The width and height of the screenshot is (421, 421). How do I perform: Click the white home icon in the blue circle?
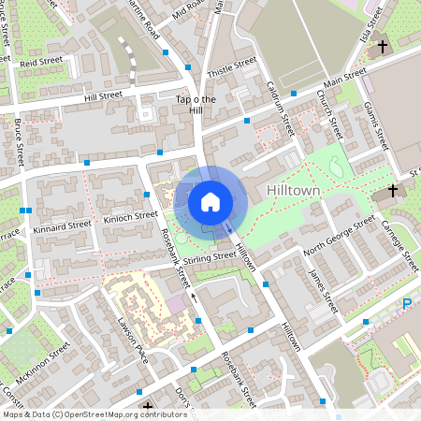tap(210, 201)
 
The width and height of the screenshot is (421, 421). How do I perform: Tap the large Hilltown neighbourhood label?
tap(293, 190)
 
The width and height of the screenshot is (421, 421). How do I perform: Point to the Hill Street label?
tap(103, 95)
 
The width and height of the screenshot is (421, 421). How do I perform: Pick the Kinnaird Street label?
tap(61, 225)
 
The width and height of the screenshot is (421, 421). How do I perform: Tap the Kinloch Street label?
tap(131, 216)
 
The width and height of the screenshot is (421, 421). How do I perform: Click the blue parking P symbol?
tap(407, 304)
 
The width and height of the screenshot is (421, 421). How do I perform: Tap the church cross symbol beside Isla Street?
tap(382, 47)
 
